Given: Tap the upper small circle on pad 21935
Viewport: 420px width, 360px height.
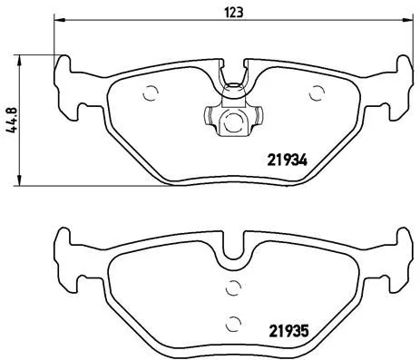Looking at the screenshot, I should [233, 288].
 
